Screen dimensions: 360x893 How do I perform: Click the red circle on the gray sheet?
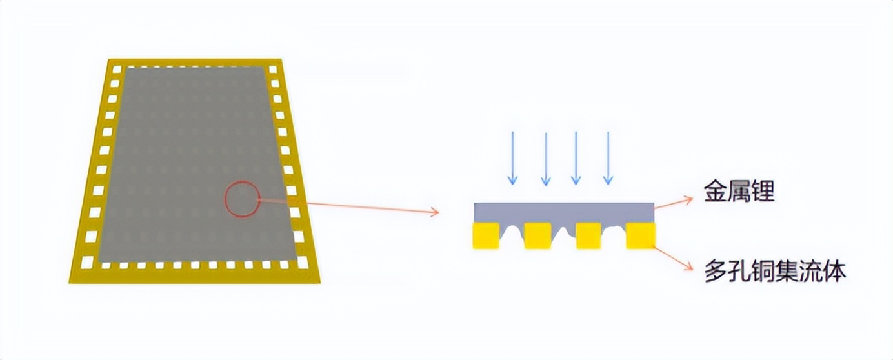[x=242, y=199]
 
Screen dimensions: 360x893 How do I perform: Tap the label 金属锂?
[x=739, y=192]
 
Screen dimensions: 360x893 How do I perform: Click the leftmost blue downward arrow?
[x=512, y=157]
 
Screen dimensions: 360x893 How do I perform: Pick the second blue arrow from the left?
[x=546, y=159]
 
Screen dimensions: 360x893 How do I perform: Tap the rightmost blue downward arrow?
[x=607, y=157]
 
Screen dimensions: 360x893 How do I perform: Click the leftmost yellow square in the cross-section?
[x=486, y=235]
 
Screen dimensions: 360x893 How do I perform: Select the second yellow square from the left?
[x=537, y=235]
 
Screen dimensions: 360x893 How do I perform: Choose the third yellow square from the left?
[x=588, y=235]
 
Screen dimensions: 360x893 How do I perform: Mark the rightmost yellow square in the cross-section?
[x=640, y=235]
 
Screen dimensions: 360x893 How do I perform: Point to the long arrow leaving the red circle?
[x=348, y=205]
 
